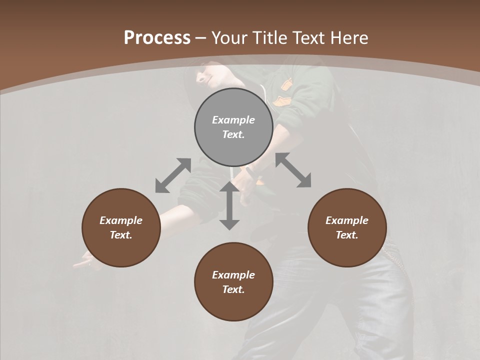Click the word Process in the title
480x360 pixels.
pos(157,38)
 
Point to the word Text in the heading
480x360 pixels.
pos(308,38)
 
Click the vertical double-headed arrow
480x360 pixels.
pos(229,205)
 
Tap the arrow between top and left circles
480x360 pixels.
pos(173,175)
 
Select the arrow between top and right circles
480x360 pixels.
pos(293,170)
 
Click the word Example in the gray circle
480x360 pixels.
pos(233,120)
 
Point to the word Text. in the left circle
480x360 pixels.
pos(121,235)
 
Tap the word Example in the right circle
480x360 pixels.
pos(347,220)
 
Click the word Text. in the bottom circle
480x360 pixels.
pos(233,289)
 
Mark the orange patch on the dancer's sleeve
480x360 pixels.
pos(285,85)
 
